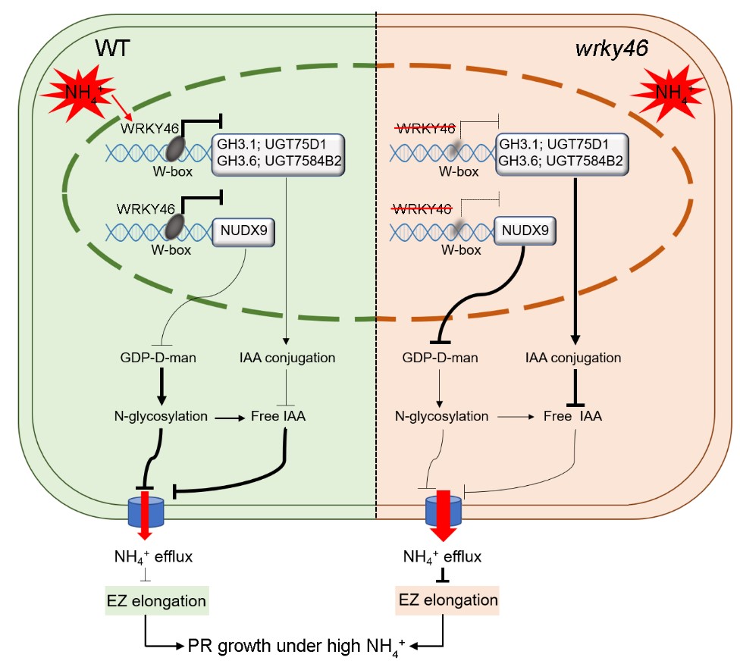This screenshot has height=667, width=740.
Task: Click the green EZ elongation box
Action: point(155,601)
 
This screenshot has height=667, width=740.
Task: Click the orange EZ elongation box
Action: point(448,601)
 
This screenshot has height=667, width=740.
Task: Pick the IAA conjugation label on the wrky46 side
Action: point(573,357)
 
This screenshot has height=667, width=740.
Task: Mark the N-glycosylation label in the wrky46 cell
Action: point(441,415)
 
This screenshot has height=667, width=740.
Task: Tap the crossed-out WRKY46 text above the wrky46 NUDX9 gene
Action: point(422,207)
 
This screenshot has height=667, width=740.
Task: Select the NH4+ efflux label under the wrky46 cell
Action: point(444,557)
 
